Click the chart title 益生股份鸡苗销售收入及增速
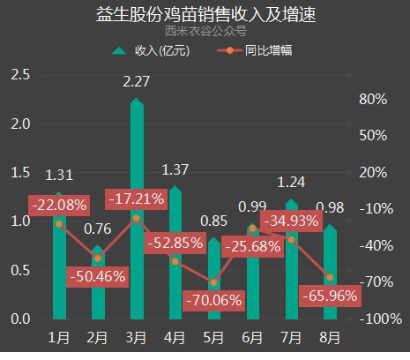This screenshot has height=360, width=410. (205, 14)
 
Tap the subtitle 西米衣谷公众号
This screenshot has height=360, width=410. (205, 31)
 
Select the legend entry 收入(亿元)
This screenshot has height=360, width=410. (151, 50)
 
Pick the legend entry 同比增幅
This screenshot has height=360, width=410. (255, 50)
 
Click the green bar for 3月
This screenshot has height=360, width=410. (137, 209)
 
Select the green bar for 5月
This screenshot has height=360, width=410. (214, 279)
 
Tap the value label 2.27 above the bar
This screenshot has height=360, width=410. (136, 81)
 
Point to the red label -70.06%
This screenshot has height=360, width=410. (213, 301)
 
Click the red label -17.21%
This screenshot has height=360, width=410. (137, 199)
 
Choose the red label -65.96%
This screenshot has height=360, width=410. (330, 296)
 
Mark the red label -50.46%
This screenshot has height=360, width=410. (98, 277)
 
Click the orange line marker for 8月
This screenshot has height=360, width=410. (330, 278)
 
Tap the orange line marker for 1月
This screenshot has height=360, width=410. (59, 224)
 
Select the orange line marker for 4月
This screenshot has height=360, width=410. (175, 261)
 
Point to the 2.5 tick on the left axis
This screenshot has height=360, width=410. (20, 75)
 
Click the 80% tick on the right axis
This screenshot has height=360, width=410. (373, 99)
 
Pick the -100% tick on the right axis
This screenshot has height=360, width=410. (381, 319)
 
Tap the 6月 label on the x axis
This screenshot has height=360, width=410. (252, 338)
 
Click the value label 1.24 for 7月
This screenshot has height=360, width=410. (291, 183)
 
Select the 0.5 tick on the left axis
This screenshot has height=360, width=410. (20, 270)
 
